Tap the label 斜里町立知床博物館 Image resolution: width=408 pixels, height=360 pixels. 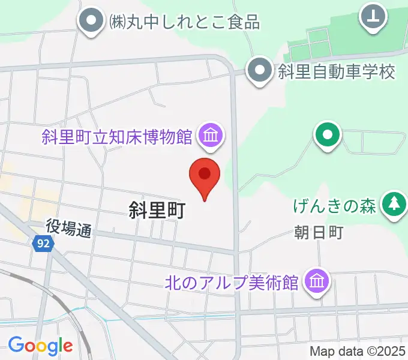pyautogui.click(x=117, y=137)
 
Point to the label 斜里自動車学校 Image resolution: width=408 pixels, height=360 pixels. pyautogui.click(x=337, y=72)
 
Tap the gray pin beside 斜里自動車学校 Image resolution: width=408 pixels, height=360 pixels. pyautogui.click(x=260, y=70)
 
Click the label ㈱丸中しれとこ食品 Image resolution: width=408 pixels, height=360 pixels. pyautogui.click(x=184, y=23)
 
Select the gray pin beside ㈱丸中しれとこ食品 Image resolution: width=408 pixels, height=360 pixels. pyautogui.click(x=92, y=22)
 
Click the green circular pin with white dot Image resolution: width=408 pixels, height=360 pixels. pyautogui.click(x=328, y=135)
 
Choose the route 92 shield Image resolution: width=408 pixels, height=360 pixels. pyautogui.click(x=43, y=244)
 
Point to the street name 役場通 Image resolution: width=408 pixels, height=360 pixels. pyautogui.click(x=69, y=227)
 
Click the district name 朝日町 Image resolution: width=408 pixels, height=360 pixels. pyautogui.click(x=319, y=233)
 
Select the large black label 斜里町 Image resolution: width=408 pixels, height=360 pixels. pyautogui.click(x=157, y=209)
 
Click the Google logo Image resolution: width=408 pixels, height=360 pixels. pyautogui.click(x=40, y=345)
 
